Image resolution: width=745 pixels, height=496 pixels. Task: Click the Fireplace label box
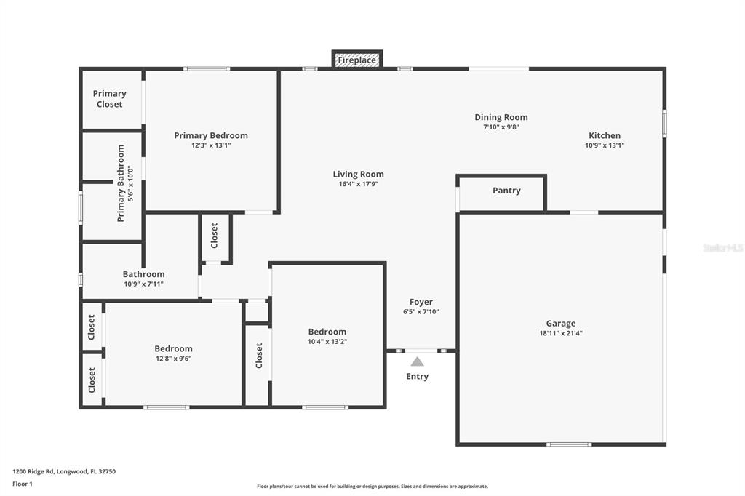[x=356, y=60]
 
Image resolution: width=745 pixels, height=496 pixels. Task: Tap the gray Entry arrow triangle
[x=417, y=361]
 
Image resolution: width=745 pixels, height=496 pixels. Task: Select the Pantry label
[x=506, y=191]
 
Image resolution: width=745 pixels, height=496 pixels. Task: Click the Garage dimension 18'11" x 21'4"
[x=561, y=333]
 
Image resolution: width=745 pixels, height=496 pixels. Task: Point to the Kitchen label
[x=605, y=135]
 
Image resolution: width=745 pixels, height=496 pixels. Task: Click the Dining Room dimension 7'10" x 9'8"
[x=501, y=127]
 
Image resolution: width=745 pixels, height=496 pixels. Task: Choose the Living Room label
[x=358, y=175]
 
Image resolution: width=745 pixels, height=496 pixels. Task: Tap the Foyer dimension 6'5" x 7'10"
[x=421, y=312]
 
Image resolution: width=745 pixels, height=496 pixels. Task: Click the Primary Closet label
[x=109, y=99]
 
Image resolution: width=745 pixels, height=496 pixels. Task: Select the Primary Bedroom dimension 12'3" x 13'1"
[x=211, y=145]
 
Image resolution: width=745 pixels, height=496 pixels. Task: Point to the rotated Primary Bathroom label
[x=121, y=183]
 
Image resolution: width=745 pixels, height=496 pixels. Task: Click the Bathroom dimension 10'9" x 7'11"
[x=143, y=284]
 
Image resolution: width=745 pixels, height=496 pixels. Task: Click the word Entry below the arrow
[x=417, y=376]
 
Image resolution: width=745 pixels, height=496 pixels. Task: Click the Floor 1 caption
[x=23, y=484]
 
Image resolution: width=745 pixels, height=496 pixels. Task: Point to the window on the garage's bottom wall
[x=569, y=444]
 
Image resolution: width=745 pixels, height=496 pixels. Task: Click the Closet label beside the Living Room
[x=215, y=236]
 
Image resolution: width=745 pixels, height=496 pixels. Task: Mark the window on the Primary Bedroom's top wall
[x=207, y=69]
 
